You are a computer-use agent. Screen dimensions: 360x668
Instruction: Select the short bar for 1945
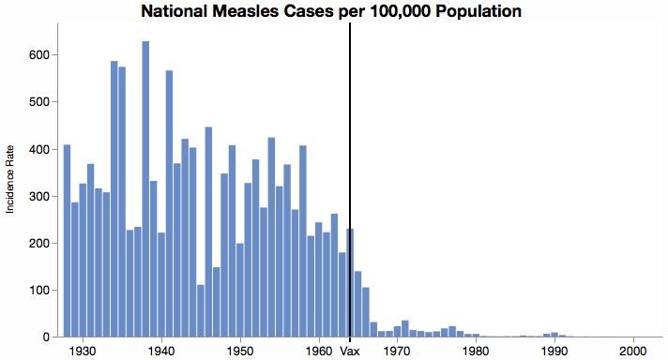(x=201, y=310)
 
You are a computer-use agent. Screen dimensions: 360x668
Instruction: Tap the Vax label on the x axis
(x=350, y=351)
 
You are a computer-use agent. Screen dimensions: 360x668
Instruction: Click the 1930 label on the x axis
(x=83, y=351)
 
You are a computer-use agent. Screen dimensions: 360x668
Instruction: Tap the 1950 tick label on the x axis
(x=240, y=351)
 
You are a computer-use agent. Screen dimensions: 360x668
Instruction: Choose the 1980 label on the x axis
(x=477, y=351)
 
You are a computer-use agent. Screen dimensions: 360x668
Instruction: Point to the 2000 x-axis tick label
(x=634, y=351)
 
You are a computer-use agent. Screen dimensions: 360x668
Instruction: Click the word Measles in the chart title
(x=238, y=11)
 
